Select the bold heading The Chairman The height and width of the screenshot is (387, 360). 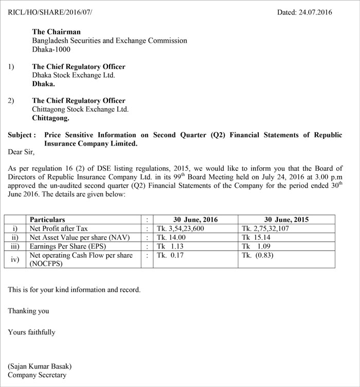(56, 31)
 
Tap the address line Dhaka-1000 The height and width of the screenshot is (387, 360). (51, 50)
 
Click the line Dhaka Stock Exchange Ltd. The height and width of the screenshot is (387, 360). (73, 75)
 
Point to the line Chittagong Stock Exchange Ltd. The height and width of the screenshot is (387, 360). (80, 109)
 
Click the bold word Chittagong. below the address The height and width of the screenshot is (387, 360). (50, 118)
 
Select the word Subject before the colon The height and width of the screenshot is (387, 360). (20, 135)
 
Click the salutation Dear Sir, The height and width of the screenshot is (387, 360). (21, 152)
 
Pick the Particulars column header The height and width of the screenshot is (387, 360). (47, 220)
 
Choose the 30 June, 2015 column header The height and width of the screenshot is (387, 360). (286, 220)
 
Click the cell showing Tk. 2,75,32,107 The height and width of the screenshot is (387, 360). (265, 228)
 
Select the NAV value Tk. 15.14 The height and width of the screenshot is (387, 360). (256, 237)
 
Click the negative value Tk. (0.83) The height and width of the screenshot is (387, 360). (257, 255)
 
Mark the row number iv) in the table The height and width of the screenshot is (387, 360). (15, 259)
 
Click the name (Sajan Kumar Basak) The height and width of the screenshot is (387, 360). (40, 366)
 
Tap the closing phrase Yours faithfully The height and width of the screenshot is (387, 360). (31, 332)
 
